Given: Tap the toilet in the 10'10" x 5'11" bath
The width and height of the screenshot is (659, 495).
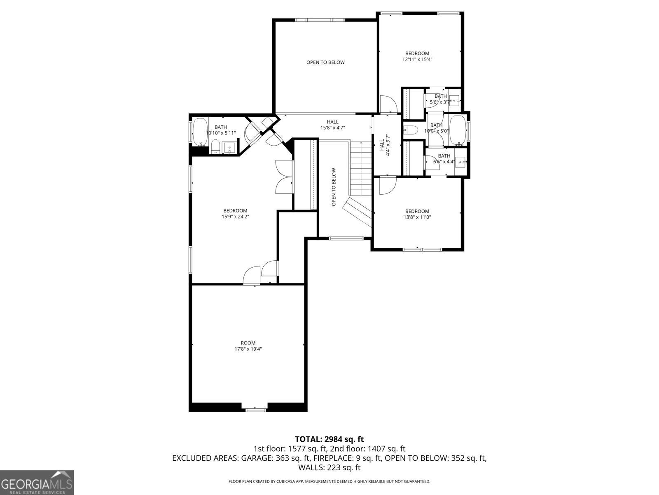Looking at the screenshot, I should click(215, 146).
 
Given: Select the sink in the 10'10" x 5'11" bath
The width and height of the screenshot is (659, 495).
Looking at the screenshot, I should click(229, 147).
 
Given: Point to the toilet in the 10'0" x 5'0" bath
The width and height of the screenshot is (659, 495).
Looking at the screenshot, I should click(411, 130).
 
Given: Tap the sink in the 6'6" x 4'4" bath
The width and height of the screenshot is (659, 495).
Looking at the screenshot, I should click(460, 161).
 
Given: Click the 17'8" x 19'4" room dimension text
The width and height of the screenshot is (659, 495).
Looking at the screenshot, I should click(248, 349).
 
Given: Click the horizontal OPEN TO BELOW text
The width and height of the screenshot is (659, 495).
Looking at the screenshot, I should click(325, 62).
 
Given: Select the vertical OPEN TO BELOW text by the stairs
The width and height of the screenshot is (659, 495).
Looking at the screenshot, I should click(334, 186).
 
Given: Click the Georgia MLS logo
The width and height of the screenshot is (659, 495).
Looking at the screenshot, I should click(37, 482).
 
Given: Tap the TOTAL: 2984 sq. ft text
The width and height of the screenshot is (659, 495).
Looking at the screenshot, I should click(329, 439).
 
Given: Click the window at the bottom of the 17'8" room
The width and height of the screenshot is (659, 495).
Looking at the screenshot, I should click(255, 409).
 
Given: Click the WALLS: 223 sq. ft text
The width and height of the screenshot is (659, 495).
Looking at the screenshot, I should click(329, 468).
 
